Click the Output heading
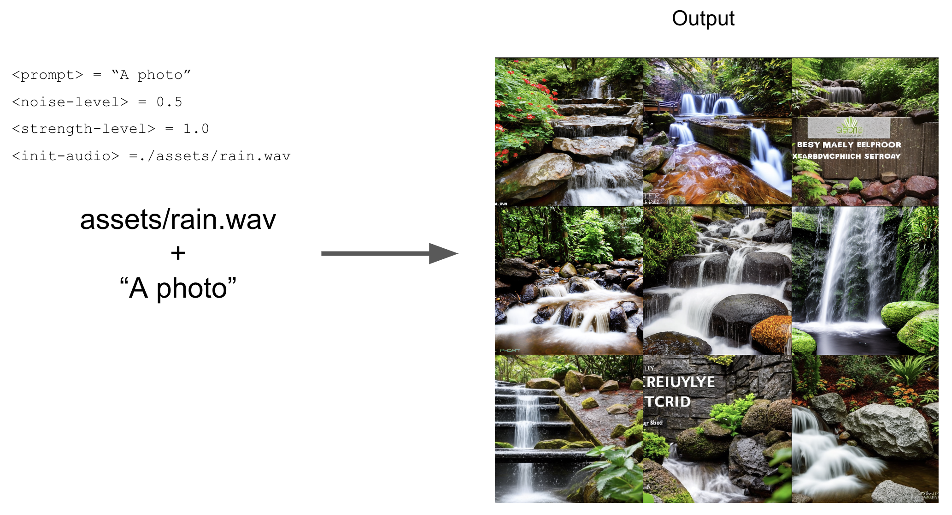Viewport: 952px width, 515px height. (703, 19)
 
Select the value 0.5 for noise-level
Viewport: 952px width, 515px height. (169, 102)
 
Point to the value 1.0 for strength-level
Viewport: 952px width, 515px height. (196, 129)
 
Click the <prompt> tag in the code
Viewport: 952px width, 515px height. (47, 75)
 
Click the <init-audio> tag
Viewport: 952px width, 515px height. (65, 156)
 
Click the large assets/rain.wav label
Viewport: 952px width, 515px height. (178, 220)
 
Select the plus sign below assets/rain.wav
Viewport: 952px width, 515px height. (178, 253)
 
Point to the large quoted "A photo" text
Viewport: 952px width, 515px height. (178, 288)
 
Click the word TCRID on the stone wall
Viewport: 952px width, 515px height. (668, 402)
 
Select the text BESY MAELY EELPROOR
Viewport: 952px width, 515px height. (849, 145)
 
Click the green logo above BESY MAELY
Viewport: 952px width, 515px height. (849, 127)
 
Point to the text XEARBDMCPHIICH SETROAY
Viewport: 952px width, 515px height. (846, 156)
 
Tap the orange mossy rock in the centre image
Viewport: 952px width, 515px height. (772, 333)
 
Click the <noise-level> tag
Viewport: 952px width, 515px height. (70, 102)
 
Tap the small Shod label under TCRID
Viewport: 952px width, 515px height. (656, 423)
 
